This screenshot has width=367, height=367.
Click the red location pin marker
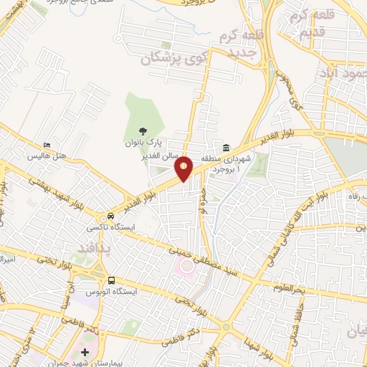184,168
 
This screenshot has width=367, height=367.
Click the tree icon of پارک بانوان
142,131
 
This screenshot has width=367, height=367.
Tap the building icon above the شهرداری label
225,148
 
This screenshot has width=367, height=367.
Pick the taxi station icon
111,216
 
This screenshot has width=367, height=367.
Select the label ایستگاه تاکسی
105,227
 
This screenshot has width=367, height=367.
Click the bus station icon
111,280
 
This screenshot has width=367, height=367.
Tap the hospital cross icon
85,352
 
